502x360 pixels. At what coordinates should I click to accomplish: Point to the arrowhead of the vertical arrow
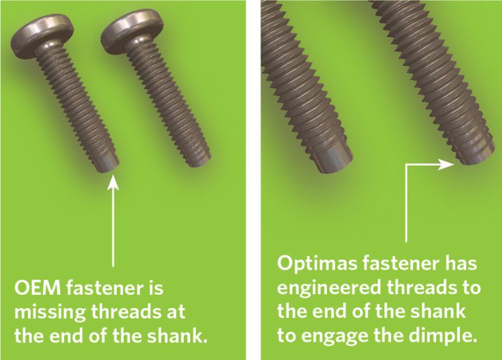tap(113, 182)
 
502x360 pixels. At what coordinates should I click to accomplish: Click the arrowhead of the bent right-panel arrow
tap(451, 164)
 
